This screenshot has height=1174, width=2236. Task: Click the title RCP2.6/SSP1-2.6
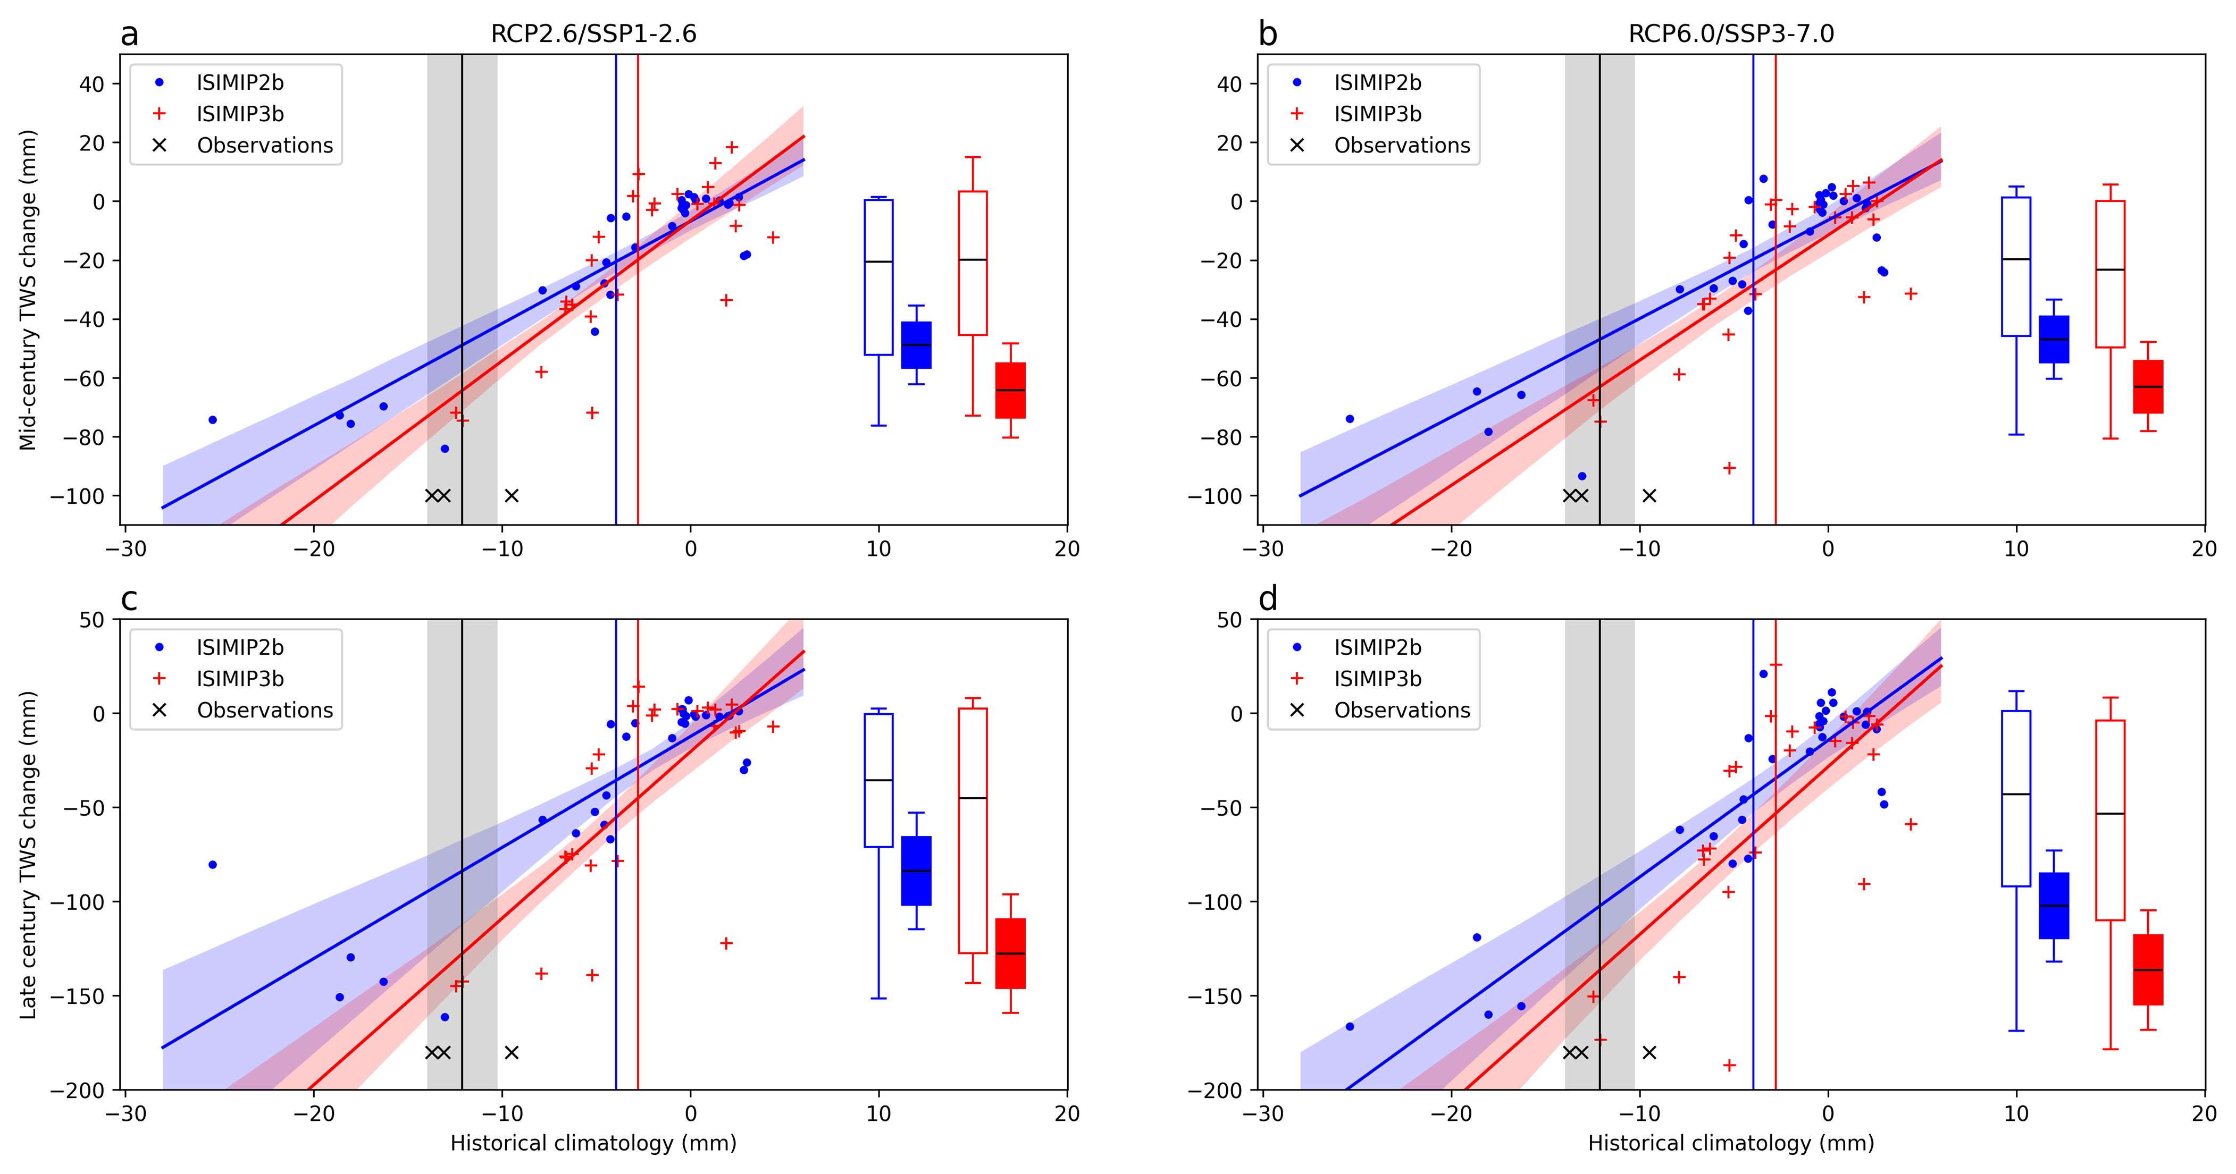pos(594,34)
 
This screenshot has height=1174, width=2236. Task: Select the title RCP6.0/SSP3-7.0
pos(1731,34)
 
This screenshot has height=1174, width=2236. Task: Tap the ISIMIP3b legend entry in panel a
pos(240,114)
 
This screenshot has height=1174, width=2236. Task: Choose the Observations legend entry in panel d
pos(1402,710)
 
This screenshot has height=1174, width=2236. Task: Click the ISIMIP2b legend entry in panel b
pos(1378,82)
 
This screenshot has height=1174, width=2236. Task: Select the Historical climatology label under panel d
pos(1731,1143)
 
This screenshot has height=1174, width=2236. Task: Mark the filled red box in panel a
pos(1010,391)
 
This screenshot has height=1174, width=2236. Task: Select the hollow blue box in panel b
pos(2015,266)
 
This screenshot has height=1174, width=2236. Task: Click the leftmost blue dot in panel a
pos(213,420)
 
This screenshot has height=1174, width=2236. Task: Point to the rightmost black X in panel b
pos(1649,495)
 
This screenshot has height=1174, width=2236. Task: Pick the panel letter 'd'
pos(1267,599)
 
